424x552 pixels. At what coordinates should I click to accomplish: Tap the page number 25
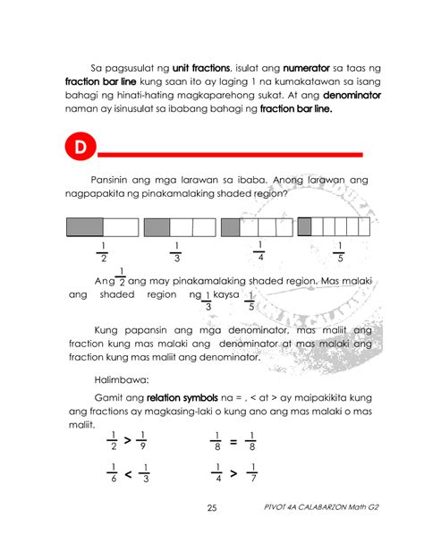point(212,509)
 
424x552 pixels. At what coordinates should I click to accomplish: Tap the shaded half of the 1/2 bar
point(85,227)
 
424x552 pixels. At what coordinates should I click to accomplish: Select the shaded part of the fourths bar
point(229,227)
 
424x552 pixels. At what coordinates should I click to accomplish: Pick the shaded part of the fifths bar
point(304,226)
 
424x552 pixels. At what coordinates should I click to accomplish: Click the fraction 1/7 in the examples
point(254,472)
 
